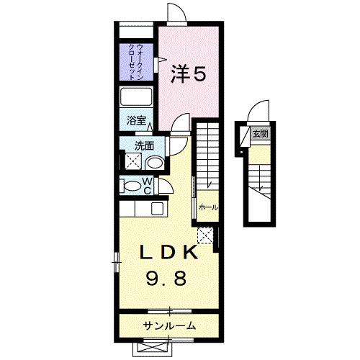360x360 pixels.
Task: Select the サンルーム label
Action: (171, 325)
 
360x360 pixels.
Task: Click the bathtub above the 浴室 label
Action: (137, 98)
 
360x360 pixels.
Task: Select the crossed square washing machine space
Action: (132, 161)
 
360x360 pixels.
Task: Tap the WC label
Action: (146, 186)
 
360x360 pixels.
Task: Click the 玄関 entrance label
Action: (260, 133)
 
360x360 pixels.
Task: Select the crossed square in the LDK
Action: (205, 235)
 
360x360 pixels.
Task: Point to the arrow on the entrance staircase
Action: (257, 186)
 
